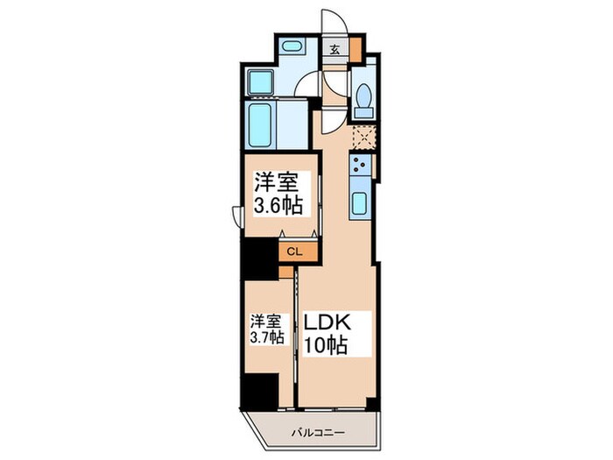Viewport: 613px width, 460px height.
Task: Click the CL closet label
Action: (x=294, y=251)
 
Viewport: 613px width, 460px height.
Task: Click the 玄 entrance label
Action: (x=335, y=48)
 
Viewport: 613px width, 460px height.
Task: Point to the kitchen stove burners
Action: (x=359, y=165)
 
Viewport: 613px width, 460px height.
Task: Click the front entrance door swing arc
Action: (x=332, y=22)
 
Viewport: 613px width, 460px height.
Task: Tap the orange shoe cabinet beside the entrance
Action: (x=355, y=48)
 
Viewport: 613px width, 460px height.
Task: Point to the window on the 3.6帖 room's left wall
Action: (x=238, y=215)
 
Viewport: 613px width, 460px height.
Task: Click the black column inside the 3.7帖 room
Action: (x=258, y=389)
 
